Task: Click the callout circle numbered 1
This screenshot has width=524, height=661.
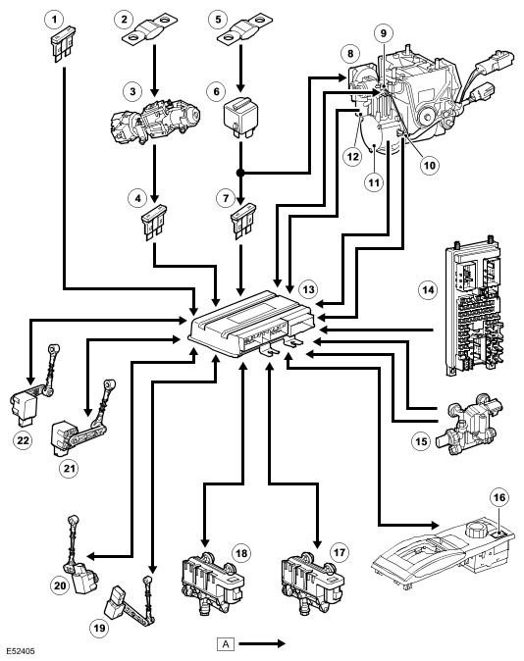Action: (54, 19)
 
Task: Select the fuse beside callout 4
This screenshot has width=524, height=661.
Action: (154, 223)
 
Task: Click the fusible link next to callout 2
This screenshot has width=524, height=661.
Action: (150, 29)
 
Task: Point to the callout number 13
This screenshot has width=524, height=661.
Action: (308, 289)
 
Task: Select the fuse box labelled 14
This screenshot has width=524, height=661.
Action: (474, 305)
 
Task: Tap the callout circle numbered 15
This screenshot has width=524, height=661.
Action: (421, 441)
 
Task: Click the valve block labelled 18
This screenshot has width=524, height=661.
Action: (212, 582)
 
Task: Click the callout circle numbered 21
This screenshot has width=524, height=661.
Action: (69, 469)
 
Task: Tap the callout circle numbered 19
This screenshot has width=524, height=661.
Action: (99, 629)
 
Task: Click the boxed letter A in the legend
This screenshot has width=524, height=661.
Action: (226, 643)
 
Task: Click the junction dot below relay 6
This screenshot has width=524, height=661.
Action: (240, 173)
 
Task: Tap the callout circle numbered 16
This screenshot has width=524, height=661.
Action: (499, 498)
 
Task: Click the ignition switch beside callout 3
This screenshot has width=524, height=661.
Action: (155, 121)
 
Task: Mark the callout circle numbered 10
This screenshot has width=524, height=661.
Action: (429, 165)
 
